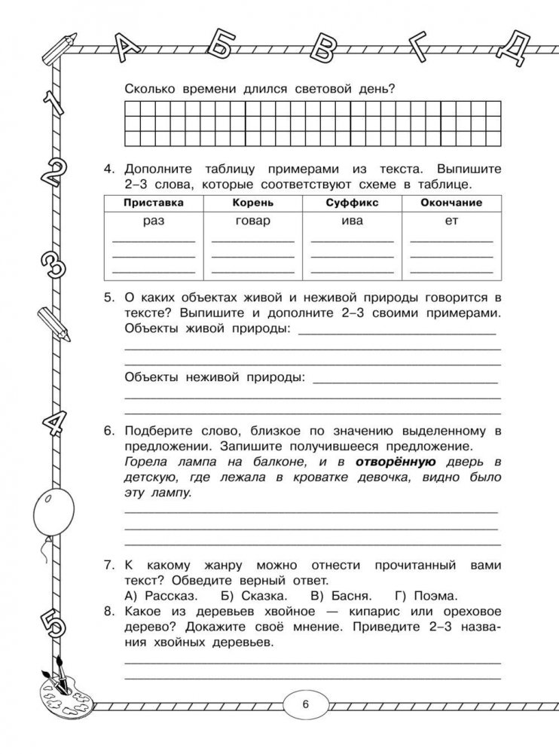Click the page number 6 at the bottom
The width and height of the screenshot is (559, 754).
305,705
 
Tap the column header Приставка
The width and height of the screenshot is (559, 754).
153,203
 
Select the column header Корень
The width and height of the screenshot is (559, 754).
252,203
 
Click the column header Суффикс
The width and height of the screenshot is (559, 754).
351,203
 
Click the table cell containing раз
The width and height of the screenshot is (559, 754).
153,221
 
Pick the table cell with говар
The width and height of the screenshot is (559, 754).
252,221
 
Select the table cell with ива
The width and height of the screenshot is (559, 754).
351,221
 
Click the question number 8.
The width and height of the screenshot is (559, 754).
109,612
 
